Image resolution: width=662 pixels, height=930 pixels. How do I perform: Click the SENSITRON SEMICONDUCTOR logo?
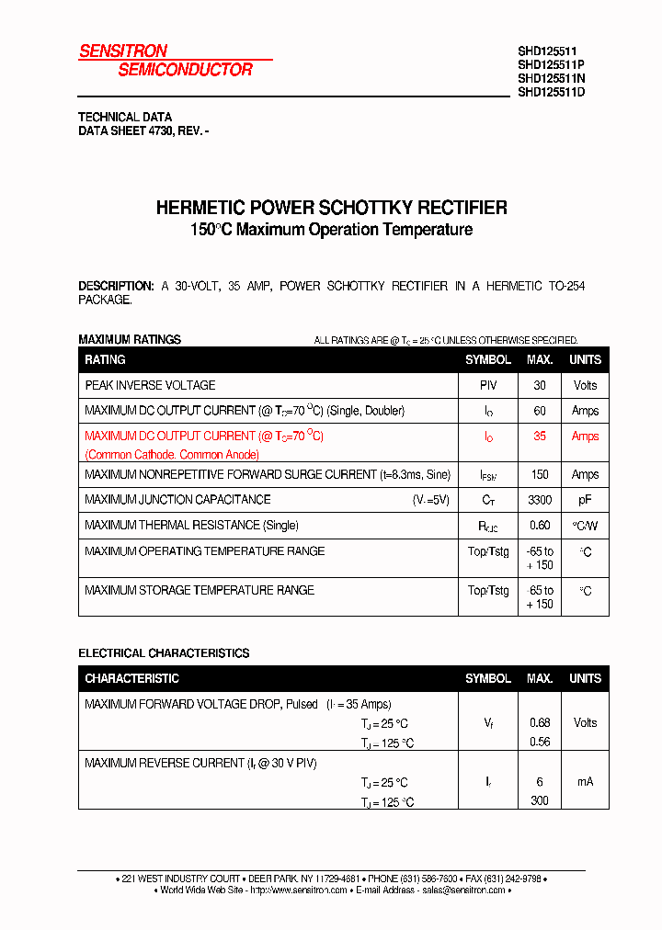(165, 61)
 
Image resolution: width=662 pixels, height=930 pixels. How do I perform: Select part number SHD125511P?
(551, 65)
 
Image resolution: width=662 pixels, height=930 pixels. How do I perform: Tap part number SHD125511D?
(551, 92)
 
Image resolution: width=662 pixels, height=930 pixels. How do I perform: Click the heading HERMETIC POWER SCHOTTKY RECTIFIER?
(331, 208)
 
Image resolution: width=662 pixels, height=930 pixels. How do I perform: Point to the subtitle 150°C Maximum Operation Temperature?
(331, 230)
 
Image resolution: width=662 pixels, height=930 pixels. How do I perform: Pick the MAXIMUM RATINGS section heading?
(130, 339)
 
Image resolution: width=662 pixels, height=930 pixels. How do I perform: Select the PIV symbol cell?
(488, 385)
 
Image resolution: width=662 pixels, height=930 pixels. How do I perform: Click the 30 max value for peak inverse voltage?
(540, 385)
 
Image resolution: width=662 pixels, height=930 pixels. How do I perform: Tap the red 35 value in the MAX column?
(540, 437)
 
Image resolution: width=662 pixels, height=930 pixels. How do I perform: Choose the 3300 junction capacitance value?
(540, 500)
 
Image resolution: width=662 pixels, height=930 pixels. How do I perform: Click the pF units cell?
(585, 500)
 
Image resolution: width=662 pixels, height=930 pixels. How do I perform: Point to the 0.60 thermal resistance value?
(540, 526)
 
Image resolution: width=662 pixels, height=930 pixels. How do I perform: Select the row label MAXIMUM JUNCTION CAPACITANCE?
(177, 500)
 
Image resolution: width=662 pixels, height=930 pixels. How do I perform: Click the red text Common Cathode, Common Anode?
(172, 455)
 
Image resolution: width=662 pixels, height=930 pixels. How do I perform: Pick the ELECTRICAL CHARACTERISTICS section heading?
(164, 653)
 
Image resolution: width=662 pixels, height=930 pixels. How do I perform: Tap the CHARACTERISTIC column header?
(131, 678)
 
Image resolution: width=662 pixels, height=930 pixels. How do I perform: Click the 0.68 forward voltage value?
(540, 723)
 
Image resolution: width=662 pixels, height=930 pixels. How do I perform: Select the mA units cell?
(585, 782)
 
